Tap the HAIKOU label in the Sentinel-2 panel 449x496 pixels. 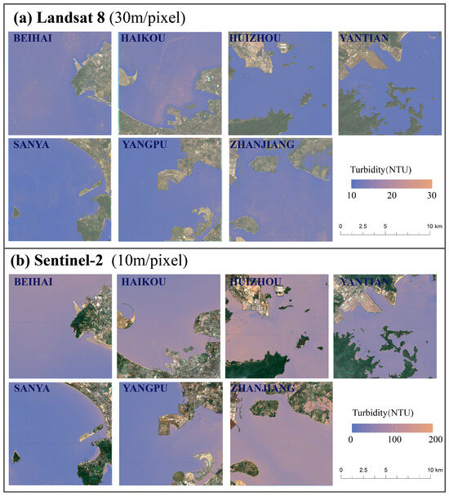click(x=144, y=283)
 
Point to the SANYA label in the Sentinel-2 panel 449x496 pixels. click(x=32, y=389)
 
